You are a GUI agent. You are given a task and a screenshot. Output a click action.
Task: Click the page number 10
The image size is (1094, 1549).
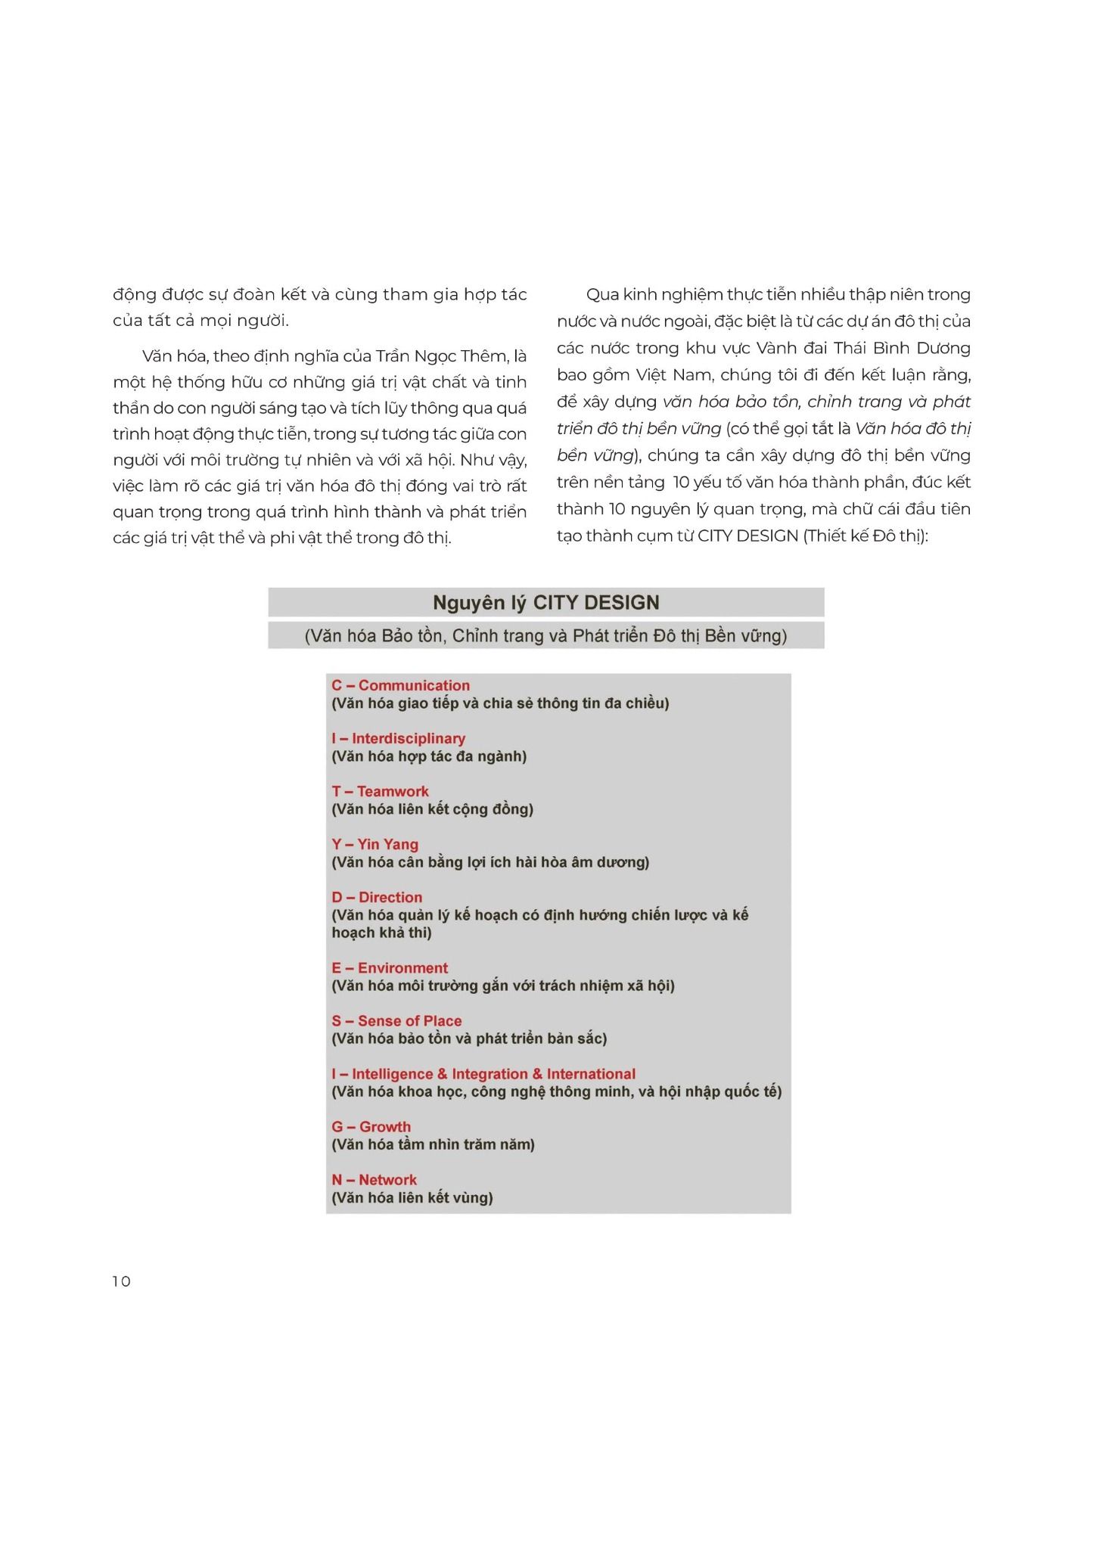[121, 1281]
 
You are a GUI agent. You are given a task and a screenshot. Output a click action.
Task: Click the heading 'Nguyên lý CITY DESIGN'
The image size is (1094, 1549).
[545, 603]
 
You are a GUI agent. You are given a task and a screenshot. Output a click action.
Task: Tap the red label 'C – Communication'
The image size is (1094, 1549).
[400, 685]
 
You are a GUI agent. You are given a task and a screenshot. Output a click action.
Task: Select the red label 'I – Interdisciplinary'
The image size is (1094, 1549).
[398, 738]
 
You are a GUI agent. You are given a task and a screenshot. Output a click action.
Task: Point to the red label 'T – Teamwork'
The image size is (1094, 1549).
[380, 791]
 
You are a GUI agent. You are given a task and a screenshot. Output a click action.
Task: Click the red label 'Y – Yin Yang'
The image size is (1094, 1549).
[375, 844]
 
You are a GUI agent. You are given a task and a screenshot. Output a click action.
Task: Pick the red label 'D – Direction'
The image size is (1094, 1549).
[377, 897]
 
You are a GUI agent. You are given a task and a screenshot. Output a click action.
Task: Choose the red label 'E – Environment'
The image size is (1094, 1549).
[390, 968]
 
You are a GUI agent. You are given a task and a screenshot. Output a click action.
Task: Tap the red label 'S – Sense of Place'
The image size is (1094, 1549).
[396, 1021]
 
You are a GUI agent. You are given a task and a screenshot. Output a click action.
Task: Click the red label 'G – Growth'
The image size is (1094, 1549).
[371, 1127]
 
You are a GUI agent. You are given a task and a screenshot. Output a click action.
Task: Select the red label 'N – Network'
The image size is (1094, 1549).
[374, 1180]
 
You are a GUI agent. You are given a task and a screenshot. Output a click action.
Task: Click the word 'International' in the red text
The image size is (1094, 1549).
[591, 1074]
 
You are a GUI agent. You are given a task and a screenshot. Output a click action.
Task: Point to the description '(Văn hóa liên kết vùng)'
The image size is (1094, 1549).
[412, 1197]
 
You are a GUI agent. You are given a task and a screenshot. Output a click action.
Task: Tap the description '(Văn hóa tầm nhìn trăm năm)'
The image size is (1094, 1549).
[433, 1144]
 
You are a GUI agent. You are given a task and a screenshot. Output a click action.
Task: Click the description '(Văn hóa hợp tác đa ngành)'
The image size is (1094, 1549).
[429, 756]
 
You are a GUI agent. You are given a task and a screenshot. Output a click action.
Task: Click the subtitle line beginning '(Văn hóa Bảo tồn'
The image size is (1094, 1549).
[545, 636]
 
